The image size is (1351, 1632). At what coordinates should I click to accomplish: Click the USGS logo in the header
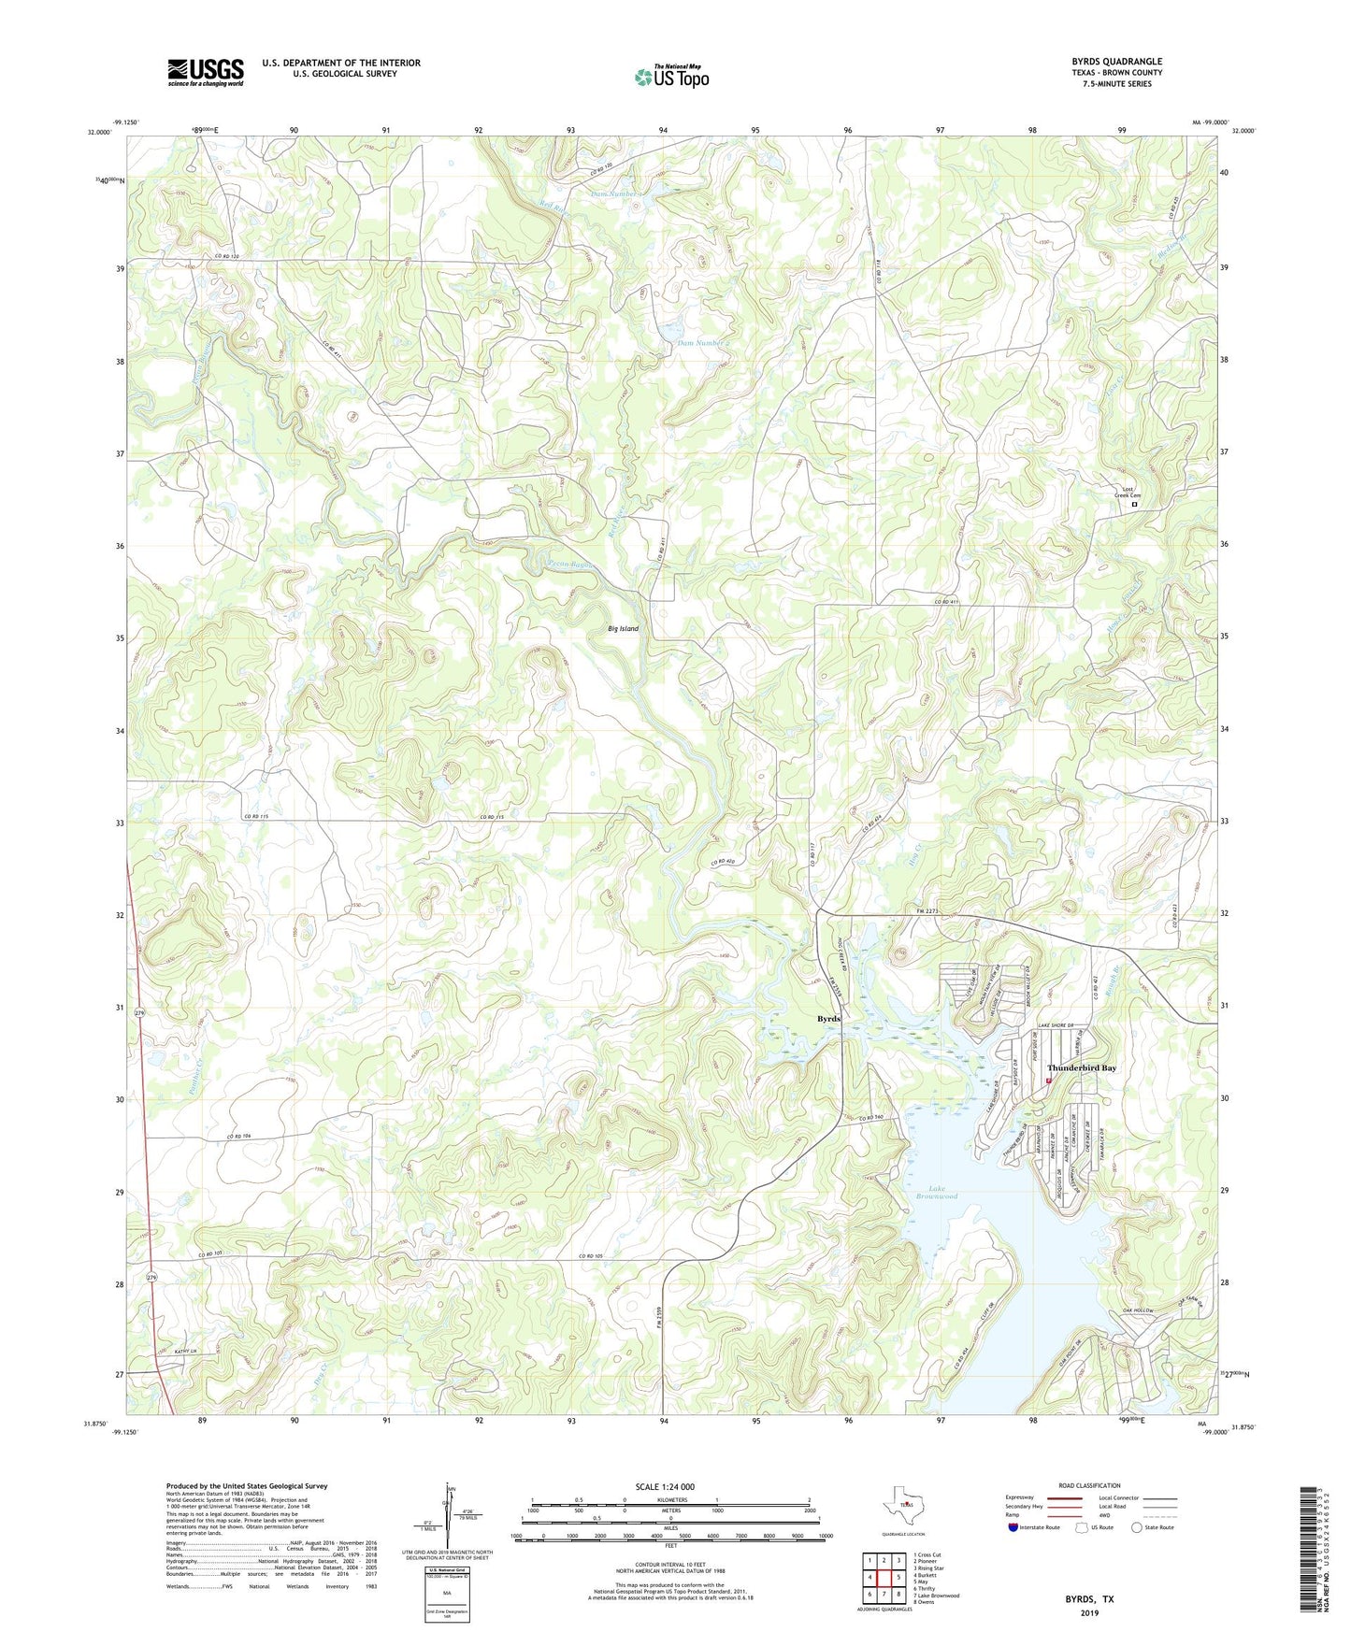pos(206,72)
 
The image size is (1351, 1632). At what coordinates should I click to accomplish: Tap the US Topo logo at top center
pos(671,76)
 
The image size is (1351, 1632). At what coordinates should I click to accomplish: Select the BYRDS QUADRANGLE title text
pos(1116,62)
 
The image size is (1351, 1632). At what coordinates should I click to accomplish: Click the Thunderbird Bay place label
pos(1081,1067)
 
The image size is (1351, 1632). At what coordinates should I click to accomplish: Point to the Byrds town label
pos(828,1018)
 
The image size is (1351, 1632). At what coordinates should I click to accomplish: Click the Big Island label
pos(623,629)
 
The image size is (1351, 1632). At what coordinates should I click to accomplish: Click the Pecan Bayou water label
pos(570,565)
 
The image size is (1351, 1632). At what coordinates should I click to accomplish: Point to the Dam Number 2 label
pos(701,343)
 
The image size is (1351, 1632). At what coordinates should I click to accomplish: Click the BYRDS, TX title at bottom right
pos(1089,1599)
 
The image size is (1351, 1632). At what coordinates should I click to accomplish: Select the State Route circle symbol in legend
pos(1136,1527)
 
